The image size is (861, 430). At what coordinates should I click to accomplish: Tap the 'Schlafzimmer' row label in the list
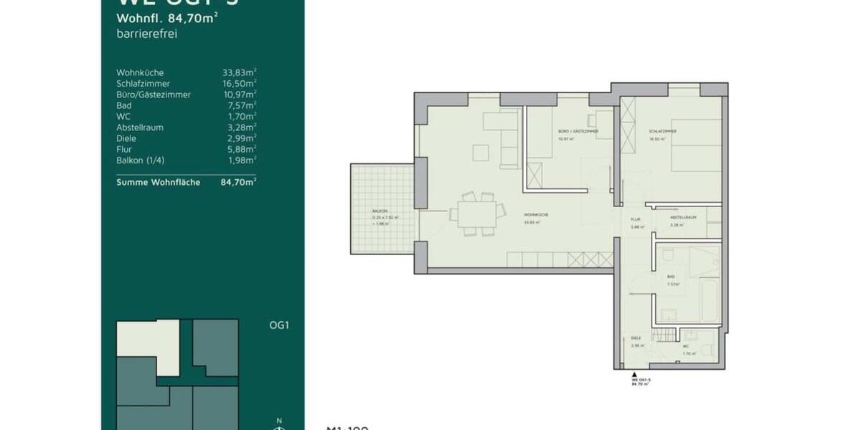[x=143, y=83]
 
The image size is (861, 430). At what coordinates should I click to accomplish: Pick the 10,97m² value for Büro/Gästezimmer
[x=240, y=94]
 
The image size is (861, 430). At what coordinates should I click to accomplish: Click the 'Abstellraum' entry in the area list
[x=140, y=128]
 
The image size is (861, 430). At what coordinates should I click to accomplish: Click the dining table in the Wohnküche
[x=473, y=213]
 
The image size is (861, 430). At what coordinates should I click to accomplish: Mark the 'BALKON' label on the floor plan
[x=380, y=211]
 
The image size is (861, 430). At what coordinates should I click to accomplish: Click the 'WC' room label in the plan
[x=686, y=346]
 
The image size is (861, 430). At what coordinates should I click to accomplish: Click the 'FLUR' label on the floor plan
[x=635, y=220]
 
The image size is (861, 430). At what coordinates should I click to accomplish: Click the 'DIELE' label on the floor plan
[x=635, y=338]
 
